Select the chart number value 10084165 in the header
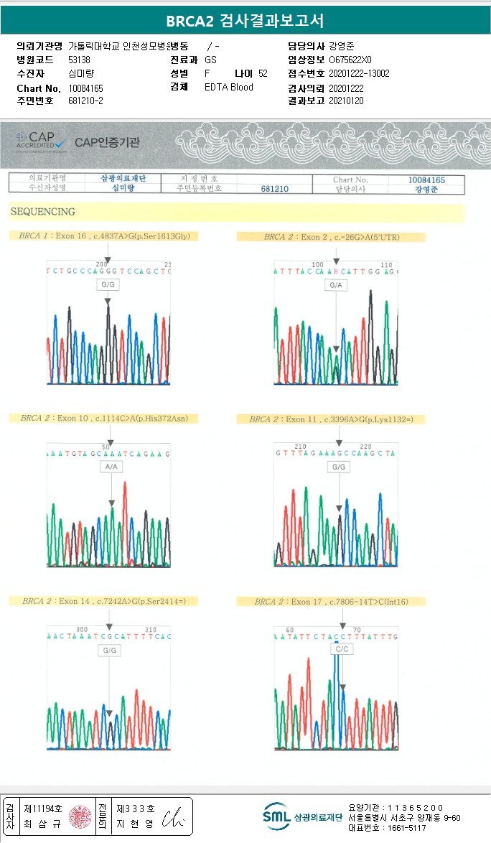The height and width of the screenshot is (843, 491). tap(85, 88)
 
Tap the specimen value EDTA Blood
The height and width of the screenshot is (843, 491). tap(228, 87)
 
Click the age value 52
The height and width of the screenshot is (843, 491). tap(263, 73)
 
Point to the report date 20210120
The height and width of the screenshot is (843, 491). tap(346, 101)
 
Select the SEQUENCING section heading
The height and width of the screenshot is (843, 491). tap(43, 212)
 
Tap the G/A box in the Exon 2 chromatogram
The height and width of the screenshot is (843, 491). tap(335, 285)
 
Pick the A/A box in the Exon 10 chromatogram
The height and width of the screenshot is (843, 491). tap(111, 467)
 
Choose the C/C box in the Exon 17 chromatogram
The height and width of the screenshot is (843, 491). tap(342, 649)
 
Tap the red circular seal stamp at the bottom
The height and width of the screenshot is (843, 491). tap(80, 816)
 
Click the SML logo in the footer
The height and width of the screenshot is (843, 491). tap(275, 816)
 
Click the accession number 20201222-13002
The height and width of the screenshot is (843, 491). tap(359, 73)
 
